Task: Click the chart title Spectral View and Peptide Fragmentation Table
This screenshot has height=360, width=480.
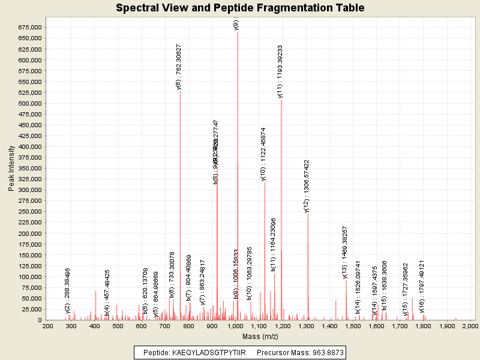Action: [240, 8]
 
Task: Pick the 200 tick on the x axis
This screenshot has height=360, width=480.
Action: [47, 326]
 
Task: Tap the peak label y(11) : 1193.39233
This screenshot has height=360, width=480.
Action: [280, 71]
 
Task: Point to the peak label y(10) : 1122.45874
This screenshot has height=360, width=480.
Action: [263, 154]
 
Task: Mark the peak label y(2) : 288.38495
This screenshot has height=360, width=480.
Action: [68, 290]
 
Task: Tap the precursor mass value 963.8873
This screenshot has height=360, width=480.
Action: [324, 352]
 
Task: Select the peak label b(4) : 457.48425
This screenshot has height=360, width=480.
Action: [107, 293]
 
